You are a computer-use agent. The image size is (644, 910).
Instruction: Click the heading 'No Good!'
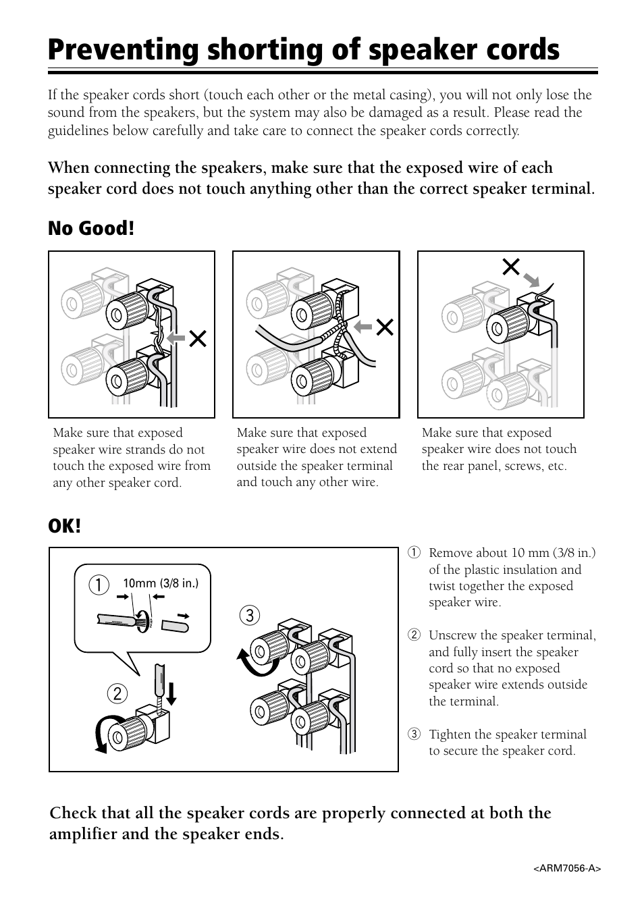(x=90, y=229)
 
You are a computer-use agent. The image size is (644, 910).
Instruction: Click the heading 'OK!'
(x=64, y=525)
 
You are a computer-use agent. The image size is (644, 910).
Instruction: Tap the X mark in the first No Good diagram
(x=197, y=338)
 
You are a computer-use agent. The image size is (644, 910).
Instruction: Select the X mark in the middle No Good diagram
(x=385, y=328)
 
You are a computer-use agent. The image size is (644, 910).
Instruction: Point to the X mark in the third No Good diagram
(x=511, y=268)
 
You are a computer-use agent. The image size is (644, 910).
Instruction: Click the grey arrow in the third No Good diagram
(x=533, y=280)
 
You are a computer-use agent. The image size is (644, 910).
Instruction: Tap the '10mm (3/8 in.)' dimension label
(x=161, y=583)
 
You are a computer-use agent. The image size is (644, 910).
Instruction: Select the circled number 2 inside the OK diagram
(x=117, y=693)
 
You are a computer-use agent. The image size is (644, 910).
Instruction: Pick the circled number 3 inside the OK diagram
(x=249, y=615)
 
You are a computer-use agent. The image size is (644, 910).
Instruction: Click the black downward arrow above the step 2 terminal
(x=171, y=693)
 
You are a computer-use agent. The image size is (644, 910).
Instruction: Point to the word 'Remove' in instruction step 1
(x=450, y=554)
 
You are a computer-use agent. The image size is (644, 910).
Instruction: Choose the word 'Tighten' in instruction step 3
(x=450, y=734)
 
